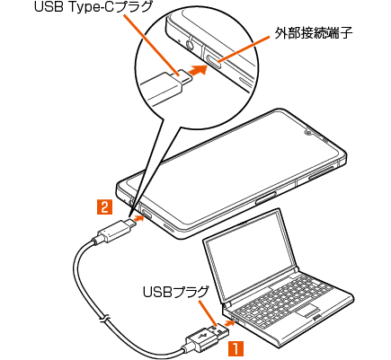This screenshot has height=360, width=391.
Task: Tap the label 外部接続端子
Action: tap(314, 33)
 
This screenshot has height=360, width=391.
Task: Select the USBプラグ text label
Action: tap(175, 292)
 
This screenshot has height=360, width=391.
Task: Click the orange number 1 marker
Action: tap(236, 348)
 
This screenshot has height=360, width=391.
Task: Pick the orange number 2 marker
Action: tap(105, 207)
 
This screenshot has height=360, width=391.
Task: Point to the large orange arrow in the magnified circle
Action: tap(198, 71)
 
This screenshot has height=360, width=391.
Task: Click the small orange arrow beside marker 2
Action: tap(138, 219)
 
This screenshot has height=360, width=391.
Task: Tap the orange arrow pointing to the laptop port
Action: tap(228, 323)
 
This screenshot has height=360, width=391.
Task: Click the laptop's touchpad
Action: tap(307, 311)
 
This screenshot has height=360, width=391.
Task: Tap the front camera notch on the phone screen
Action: tap(308, 132)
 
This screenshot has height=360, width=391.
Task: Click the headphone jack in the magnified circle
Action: tap(191, 45)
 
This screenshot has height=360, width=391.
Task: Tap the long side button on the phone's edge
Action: tap(321, 173)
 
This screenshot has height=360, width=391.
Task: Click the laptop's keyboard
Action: tap(285, 295)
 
